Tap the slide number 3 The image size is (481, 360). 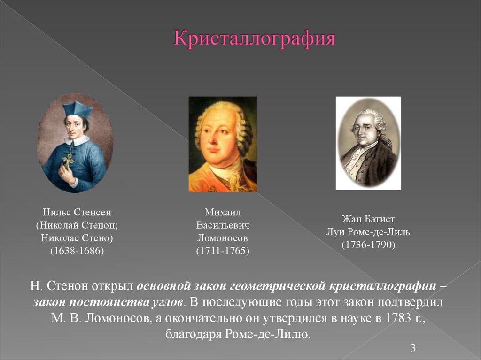pos(413,348)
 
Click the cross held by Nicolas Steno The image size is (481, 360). pos(69,160)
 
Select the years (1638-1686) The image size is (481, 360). pos(77,251)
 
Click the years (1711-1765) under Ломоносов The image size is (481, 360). pos(222,251)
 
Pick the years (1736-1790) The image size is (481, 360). pos(368,245)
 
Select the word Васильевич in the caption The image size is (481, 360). pos(223,225)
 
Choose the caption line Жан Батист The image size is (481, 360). pos(368,219)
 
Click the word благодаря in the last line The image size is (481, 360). pos(194,335)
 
